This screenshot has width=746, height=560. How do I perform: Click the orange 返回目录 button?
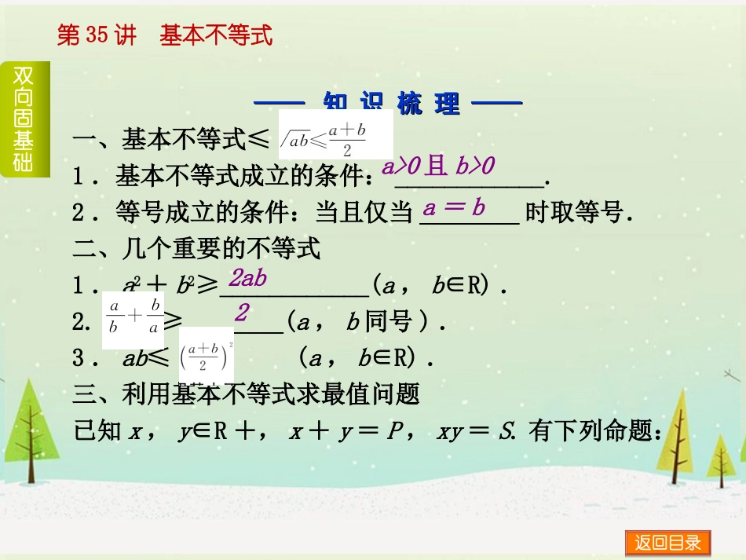(667, 543)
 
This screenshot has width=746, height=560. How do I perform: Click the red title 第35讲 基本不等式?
(165, 35)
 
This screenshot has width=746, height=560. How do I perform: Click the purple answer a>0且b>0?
(438, 166)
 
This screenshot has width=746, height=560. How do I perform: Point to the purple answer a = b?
(455, 208)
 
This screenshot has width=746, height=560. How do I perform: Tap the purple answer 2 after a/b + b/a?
(242, 313)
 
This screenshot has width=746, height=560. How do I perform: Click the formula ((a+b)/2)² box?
(202, 357)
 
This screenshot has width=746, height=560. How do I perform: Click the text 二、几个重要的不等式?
(197, 250)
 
